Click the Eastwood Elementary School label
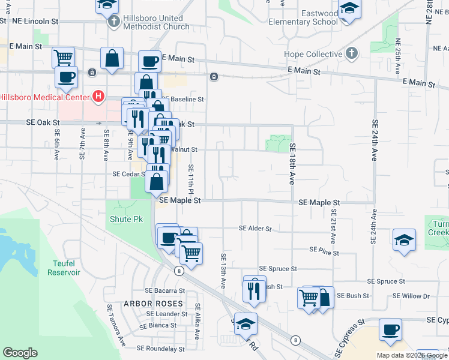(303, 17)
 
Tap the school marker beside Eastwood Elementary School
(348, 10)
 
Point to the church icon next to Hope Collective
(352, 54)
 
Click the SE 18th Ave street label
(293, 163)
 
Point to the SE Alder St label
(255, 229)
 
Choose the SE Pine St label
(321, 249)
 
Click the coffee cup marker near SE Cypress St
(390, 331)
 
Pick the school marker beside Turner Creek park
(405, 240)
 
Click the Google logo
(20, 353)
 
